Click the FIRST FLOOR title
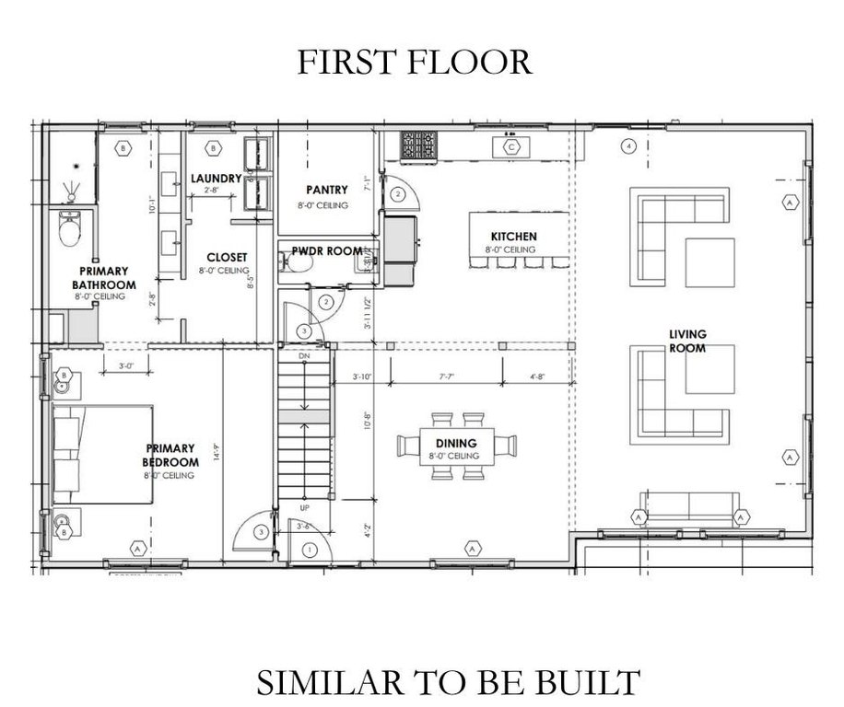point(414,63)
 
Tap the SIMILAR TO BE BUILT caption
point(447,682)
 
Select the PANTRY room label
point(327,191)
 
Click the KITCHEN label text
point(513,237)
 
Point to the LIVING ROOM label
point(688,341)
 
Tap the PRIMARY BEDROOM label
point(170,456)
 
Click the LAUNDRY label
point(216,178)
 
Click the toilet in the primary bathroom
point(70,230)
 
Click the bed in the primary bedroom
point(101,454)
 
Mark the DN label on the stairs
point(303,354)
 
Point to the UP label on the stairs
point(303,507)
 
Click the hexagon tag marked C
point(510,145)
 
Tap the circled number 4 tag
point(629,145)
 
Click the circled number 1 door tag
point(310,550)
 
